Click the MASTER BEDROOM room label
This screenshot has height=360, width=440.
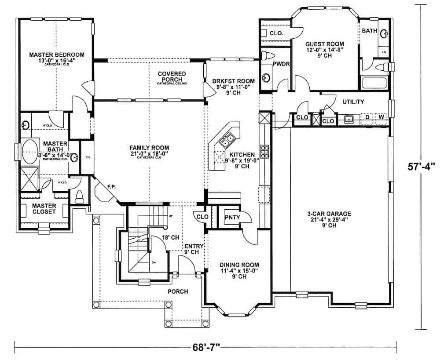(56, 55)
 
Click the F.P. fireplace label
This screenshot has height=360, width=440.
(111, 186)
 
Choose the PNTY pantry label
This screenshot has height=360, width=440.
(232, 217)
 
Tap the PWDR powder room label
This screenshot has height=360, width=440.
(280, 64)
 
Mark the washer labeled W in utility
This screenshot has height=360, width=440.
(381, 117)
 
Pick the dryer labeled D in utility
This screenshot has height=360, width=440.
(367, 117)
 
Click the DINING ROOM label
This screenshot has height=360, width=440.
(239, 265)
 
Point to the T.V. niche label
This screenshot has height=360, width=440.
(88, 157)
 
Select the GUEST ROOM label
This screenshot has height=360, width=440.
(325, 44)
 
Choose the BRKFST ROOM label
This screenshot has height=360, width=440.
(233, 81)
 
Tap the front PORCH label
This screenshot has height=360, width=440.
(178, 291)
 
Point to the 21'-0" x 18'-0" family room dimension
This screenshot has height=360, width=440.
(149, 153)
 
